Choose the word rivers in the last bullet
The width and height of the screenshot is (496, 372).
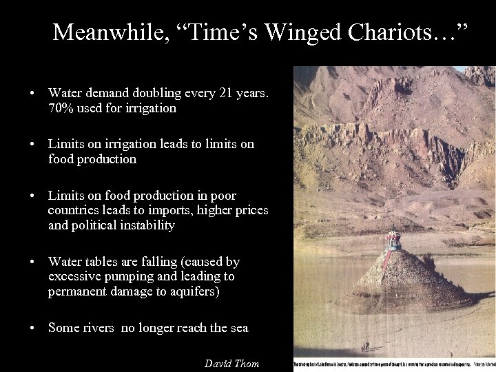[x=96, y=328]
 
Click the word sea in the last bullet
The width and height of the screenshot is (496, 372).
[x=238, y=328]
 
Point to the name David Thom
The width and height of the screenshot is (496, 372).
[x=232, y=363]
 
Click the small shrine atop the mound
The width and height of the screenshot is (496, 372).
[x=393, y=239]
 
